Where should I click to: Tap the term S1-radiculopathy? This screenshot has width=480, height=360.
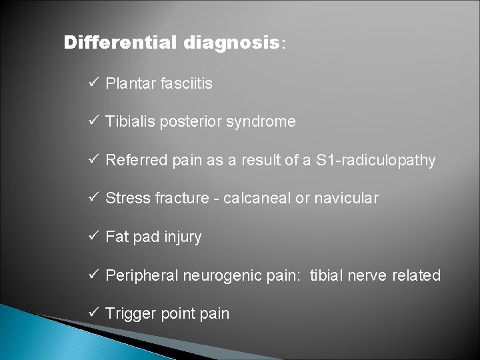(x=377, y=161)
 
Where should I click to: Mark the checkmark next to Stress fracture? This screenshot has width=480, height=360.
(x=93, y=199)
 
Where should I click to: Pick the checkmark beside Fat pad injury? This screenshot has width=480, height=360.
(x=93, y=237)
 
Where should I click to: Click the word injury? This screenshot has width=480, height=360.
(x=182, y=237)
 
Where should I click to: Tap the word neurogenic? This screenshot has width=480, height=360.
(x=213, y=275)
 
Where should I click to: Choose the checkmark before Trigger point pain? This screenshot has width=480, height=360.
(x=93, y=313)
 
